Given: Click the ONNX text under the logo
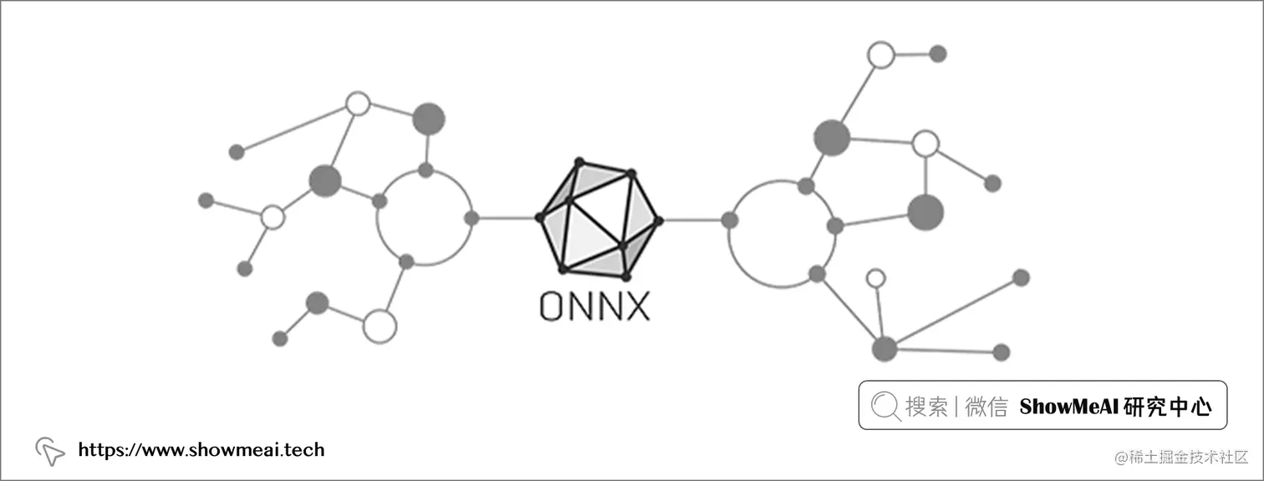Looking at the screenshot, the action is pos(594,306).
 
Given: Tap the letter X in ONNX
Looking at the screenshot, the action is pos(636,306).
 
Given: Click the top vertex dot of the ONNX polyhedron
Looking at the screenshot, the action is pos(578,160).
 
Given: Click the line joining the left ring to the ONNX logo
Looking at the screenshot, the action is pos(505,219).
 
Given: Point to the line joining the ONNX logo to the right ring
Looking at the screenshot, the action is pos(694,220).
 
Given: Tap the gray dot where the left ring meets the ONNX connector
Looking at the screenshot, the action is pos(471,219).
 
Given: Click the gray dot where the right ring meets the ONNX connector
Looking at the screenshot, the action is pos(730,220).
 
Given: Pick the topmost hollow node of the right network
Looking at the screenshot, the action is pos(880,55).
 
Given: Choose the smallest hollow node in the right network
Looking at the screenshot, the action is pos(875,277).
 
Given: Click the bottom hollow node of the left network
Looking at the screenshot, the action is pos(379,326).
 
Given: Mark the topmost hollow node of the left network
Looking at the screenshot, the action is pos(358,104).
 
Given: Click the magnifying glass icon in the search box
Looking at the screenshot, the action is pos(884,406).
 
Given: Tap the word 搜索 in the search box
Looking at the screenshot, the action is pos(926,407).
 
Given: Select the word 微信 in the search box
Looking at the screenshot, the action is pos(986,407).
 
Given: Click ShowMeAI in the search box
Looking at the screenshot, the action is pos(1069,407).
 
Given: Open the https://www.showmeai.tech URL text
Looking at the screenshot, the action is pos(201,450).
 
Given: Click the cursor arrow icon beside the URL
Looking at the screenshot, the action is pos(50,452).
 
